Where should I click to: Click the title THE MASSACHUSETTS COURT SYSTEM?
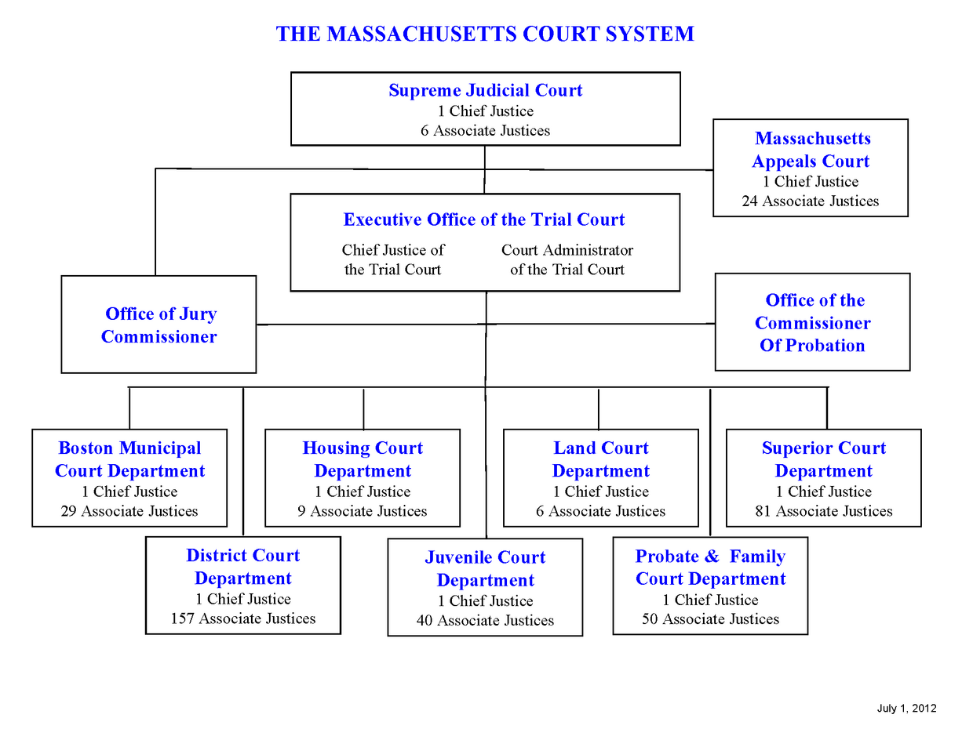click(485, 34)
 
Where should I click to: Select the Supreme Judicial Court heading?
click(485, 90)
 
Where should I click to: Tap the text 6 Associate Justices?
click(485, 131)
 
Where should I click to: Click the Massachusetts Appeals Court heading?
click(811, 150)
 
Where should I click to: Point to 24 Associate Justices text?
click(811, 201)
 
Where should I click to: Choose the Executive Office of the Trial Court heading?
click(484, 219)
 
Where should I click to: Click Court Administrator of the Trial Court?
click(567, 259)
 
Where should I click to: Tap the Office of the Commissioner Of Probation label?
click(813, 323)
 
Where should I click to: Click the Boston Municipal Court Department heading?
click(129, 459)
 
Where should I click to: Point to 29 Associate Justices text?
click(129, 512)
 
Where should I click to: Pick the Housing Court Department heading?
click(363, 459)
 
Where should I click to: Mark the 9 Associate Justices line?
click(363, 512)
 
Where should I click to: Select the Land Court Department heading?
click(601, 459)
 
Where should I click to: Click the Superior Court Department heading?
click(824, 459)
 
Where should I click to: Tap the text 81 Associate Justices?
click(824, 512)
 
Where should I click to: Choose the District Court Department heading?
click(243, 567)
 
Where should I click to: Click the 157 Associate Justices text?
click(243, 618)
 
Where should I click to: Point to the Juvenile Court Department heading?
click(485, 569)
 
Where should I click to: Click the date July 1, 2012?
click(906, 709)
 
